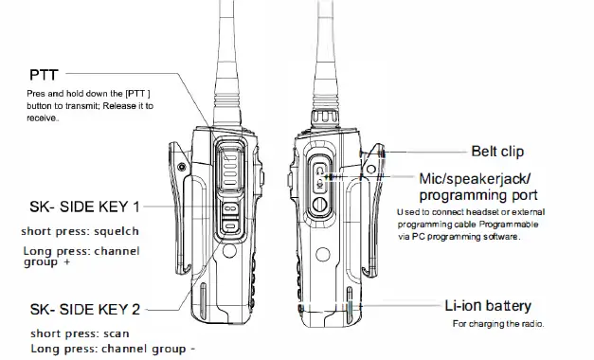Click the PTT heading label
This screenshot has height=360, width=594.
pos(44,73)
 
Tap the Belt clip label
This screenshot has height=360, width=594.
pos(497,151)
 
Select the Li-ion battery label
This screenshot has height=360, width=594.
pos(488,306)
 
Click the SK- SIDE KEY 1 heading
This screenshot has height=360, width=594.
pos(84,206)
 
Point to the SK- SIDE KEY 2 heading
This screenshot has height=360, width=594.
pos(84,309)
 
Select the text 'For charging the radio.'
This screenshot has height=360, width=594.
pos(499,325)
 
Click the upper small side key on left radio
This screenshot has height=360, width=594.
pos(230,210)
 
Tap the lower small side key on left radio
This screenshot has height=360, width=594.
pos(230,226)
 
